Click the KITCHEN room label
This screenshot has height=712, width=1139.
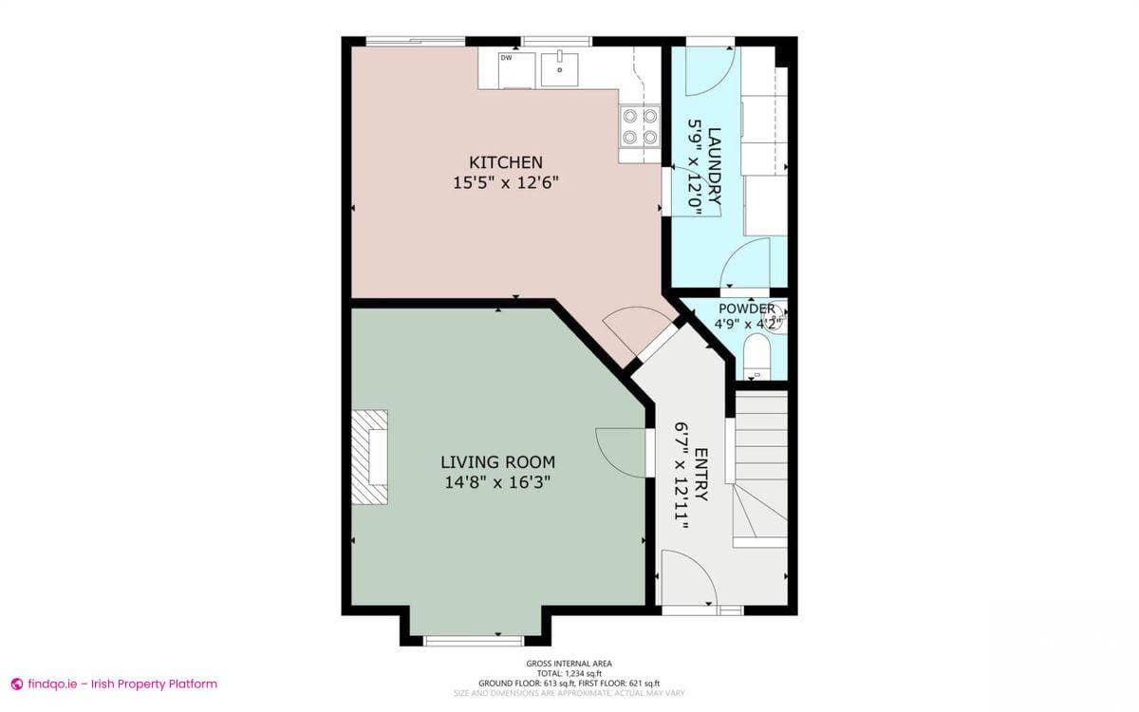click(x=505, y=162)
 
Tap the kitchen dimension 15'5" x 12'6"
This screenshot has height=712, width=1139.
click(x=505, y=182)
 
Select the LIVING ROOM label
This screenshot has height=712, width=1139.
click(x=497, y=462)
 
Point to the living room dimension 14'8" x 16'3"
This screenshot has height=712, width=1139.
click(x=497, y=482)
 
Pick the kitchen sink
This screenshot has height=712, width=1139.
click(x=561, y=67)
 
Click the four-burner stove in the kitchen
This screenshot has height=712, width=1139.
click(x=640, y=126)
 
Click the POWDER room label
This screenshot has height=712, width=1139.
click(x=746, y=309)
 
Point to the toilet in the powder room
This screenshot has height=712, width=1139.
click(x=756, y=359)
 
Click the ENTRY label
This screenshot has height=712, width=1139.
click(x=700, y=475)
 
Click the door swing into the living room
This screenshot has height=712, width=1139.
click(x=620, y=450)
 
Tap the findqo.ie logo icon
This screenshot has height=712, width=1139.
click(x=16, y=684)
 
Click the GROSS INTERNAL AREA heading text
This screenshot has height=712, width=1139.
click(x=569, y=664)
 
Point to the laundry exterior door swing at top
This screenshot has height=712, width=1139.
click(x=707, y=68)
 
